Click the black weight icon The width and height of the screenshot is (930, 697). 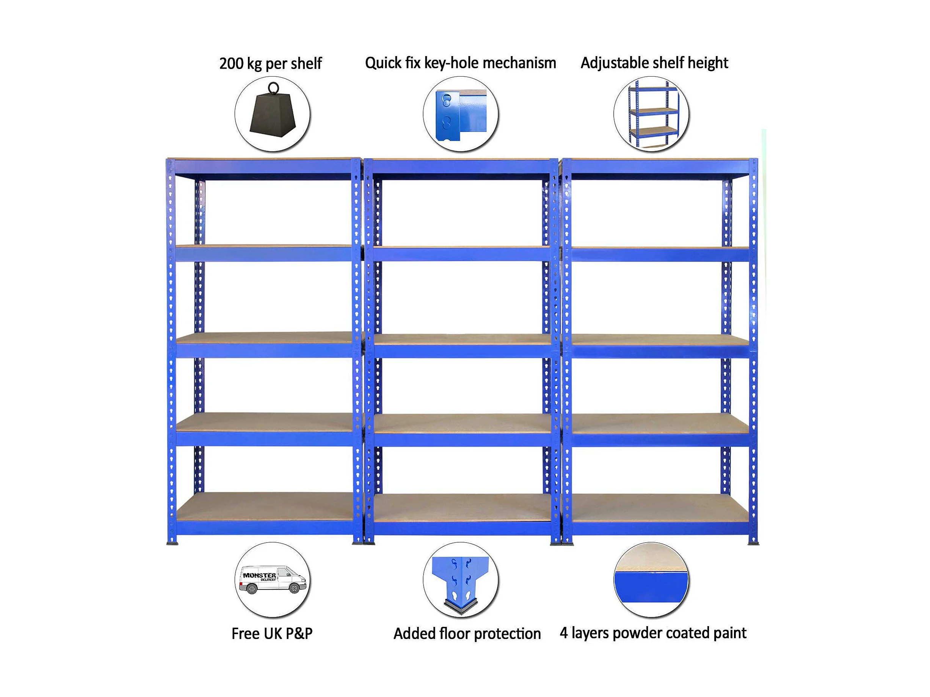[x=273, y=116]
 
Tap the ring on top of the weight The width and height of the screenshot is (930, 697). [x=273, y=88]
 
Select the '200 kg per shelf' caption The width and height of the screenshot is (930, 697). [x=270, y=63]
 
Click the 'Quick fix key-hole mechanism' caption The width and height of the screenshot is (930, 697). [x=460, y=63]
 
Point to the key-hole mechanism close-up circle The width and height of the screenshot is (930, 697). [x=461, y=114]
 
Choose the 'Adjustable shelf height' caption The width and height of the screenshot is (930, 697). [x=654, y=63]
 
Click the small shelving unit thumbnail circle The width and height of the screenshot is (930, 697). [x=651, y=114]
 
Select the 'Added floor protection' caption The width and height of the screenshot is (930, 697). [x=467, y=634]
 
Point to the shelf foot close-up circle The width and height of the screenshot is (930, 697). [x=461, y=580]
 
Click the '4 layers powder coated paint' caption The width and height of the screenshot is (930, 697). [x=653, y=633]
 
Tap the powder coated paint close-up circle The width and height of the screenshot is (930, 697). [x=651, y=580]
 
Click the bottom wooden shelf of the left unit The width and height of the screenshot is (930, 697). [x=265, y=507]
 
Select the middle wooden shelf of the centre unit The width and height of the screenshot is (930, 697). [x=463, y=340]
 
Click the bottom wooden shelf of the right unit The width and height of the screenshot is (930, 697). [x=660, y=508]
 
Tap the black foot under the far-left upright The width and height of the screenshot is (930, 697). [x=172, y=543]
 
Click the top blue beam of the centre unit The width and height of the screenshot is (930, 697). [x=461, y=167]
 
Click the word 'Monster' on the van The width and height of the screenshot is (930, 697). [x=259, y=575]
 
